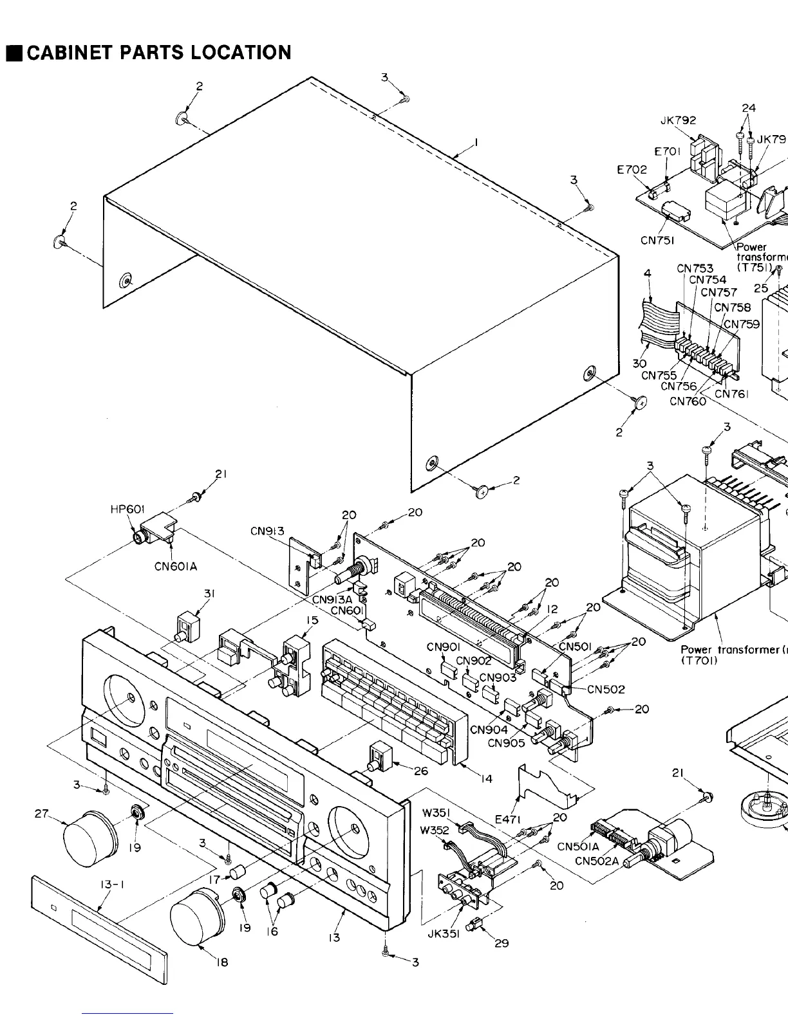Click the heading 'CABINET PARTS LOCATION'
[x=158, y=52]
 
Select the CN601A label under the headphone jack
[x=176, y=566]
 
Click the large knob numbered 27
[x=89, y=837]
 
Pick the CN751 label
[x=657, y=241]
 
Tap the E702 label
[x=632, y=170]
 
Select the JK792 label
[x=678, y=120]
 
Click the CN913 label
[x=267, y=531]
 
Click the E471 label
[x=508, y=819]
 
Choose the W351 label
[x=436, y=812]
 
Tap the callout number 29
[x=502, y=943]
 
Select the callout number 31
[x=209, y=594]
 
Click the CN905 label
[x=507, y=742]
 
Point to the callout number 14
[x=486, y=778]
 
